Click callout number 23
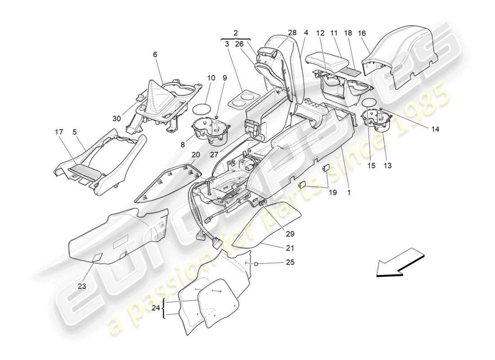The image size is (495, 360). [82, 286]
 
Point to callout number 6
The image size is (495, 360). [155, 54]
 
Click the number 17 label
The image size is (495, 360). [58, 132]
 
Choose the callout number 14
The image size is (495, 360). [435, 129]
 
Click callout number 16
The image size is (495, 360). [362, 33]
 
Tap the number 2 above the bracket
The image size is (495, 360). [236, 33]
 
